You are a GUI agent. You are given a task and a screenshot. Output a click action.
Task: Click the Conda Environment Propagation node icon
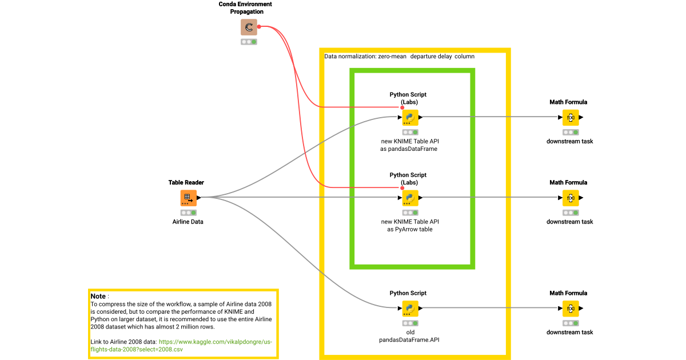(249, 27)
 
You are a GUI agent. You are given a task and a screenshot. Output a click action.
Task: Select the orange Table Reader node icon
(189, 198)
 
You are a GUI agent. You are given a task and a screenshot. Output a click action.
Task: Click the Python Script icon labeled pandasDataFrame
(410, 117)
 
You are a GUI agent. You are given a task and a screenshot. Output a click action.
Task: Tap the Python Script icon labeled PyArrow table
(410, 198)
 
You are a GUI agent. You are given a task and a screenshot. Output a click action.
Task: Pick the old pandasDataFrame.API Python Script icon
(410, 308)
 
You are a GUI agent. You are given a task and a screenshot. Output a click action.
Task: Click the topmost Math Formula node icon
(570, 117)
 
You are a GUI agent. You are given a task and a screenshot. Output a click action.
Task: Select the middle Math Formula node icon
(570, 198)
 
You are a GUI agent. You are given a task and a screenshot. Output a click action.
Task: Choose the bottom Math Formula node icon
(570, 308)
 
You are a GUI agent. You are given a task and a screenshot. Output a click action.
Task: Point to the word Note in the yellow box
(98, 296)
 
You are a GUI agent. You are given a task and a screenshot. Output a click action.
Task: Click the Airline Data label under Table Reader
(188, 222)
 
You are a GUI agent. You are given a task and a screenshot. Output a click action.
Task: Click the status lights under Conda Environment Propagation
(249, 42)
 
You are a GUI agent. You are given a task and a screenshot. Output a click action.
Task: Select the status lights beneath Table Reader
(189, 213)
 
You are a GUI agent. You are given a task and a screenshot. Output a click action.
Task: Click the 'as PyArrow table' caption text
(410, 229)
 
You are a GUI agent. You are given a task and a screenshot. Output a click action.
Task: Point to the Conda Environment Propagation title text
(245, 8)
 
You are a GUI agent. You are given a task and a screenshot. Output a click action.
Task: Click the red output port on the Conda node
(259, 26)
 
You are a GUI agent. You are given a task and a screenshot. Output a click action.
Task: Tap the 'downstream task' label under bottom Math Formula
(569, 332)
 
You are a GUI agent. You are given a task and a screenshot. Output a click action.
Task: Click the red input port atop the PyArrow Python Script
(402, 187)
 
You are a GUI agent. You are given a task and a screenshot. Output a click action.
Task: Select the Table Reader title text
(186, 182)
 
